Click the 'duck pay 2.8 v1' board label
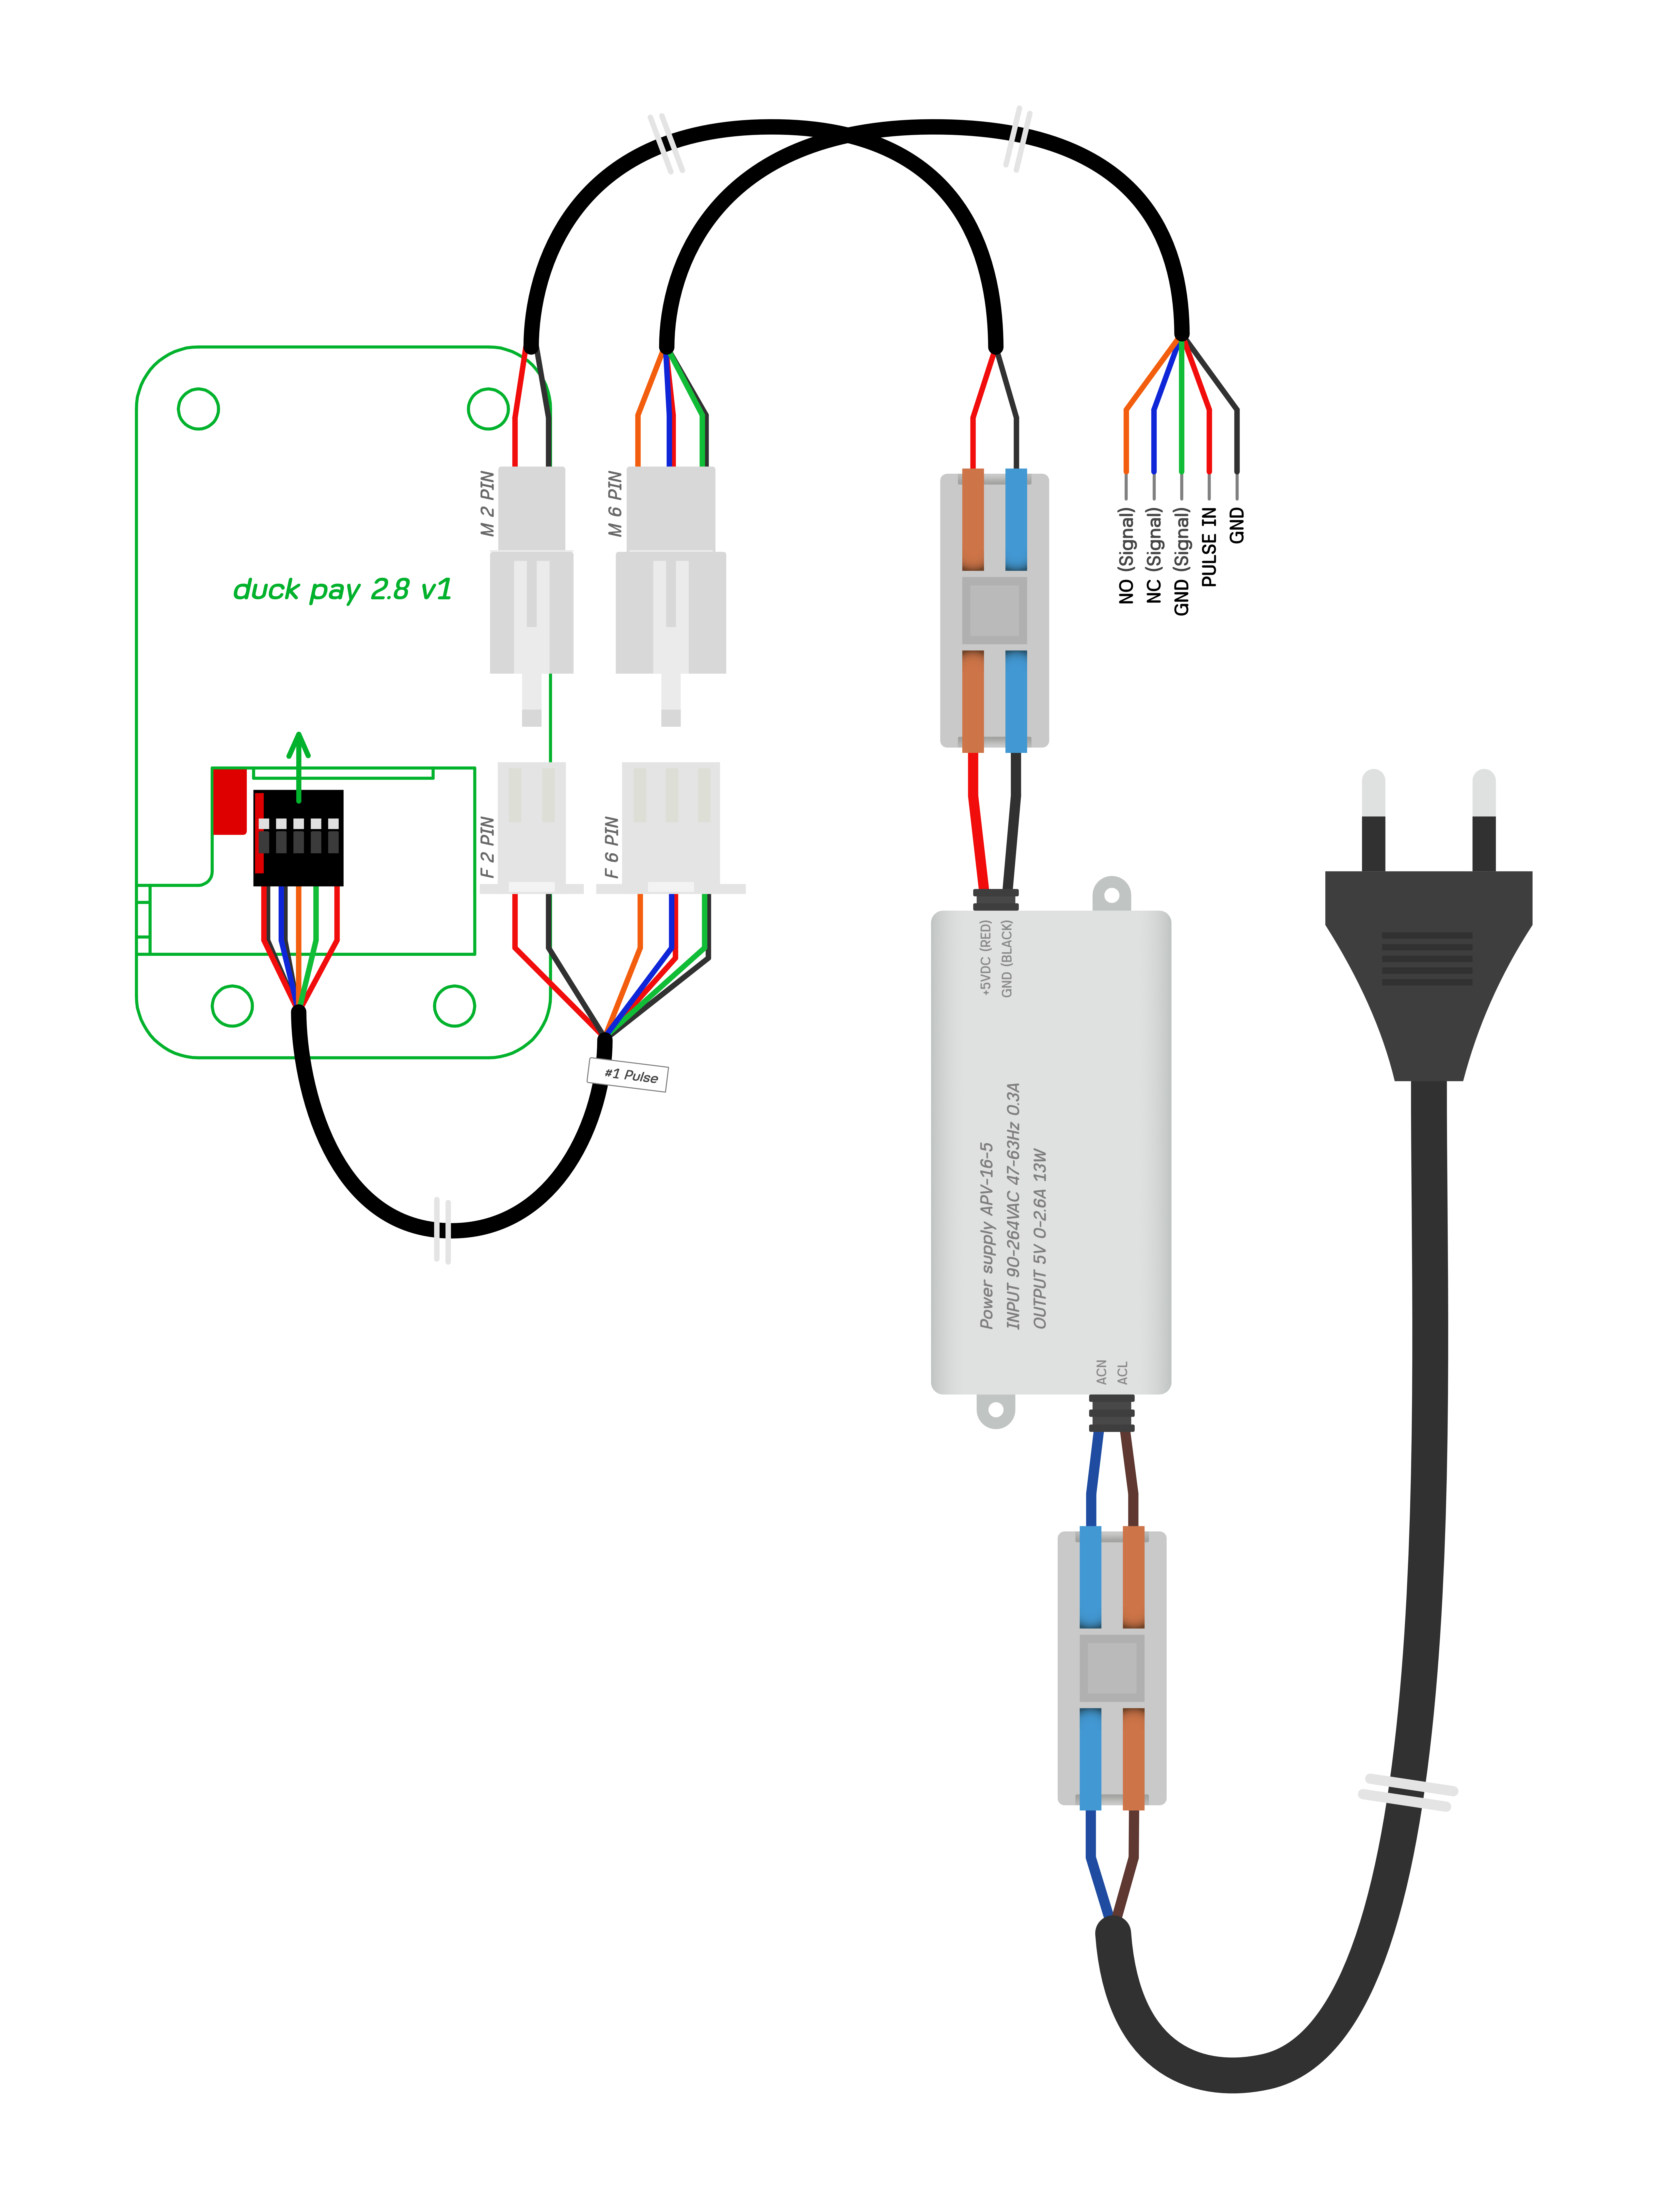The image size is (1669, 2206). (x=342, y=590)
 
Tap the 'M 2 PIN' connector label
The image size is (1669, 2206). (x=487, y=504)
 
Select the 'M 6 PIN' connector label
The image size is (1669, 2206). (x=615, y=504)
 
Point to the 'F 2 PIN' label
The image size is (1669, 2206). (x=487, y=848)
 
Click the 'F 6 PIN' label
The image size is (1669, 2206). (x=612, y=848)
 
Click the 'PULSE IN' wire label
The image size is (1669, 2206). (x=1209, y=546)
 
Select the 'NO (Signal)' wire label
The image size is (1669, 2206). (x=1126, y=556)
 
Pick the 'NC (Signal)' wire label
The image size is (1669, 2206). (x=1154, y=556)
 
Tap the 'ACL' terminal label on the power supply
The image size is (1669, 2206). (x=1122, y=1372)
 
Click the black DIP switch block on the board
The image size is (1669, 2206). (x=298, y=838)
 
